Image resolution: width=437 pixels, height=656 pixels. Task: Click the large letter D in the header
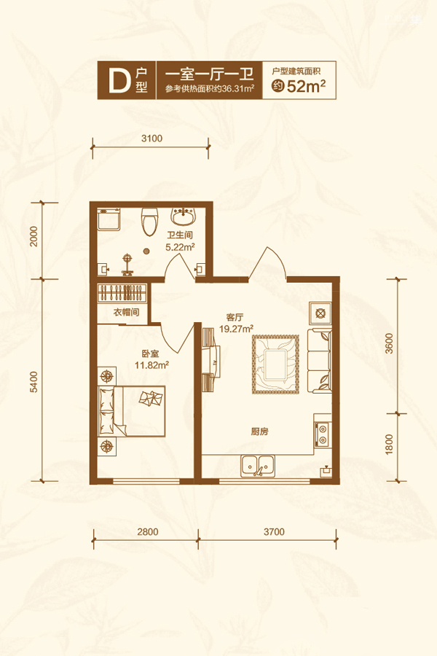pyautogui.click(x=119, y=80)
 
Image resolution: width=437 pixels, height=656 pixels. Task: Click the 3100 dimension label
pyautogui.click(x=151, y=138)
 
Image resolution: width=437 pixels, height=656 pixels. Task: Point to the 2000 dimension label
pyautogui.click(x=34, y=236)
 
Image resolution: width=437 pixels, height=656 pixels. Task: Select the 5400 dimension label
pyautogui.click(x=34, y=381)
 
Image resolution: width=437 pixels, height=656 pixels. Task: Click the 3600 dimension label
pyautogui.click(x=390, y=343)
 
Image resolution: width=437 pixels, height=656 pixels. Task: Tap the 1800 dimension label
pyautogui.click(x=390, y=445)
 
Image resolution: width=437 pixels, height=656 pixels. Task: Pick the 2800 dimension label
pyautogui.click(x=148, y=532)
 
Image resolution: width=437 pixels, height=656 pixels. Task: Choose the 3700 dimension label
pyautogui.click(x=274, y=532)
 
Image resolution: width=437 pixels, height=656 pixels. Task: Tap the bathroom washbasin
pyautogui.click(x=183, y=216)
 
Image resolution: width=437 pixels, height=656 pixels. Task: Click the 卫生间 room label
pyautogui.click(x=180, y=235)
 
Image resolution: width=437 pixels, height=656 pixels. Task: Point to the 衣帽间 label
pyautogui.click(x=126, y=312)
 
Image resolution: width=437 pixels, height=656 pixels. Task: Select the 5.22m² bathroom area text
pyautogui.click(x=180, y=247)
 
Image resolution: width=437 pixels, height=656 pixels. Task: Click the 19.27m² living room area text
pyautogui.click(x=236, y=329)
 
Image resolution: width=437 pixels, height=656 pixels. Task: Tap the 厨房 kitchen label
pyautogui.click(x=260, y=432)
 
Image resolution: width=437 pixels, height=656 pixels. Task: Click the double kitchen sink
pyautogui.click(x=258, y=466)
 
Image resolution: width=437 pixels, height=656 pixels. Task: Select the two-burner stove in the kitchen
pyautogui.click(x=323, y=434)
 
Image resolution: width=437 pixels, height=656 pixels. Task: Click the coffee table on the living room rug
pyautogui.click(x=275, y=364)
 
